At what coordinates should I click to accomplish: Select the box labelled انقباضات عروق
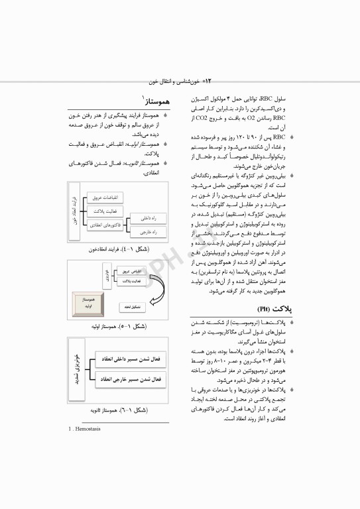tap(103, 198)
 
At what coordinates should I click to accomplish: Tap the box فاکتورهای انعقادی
tap(103, 225)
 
